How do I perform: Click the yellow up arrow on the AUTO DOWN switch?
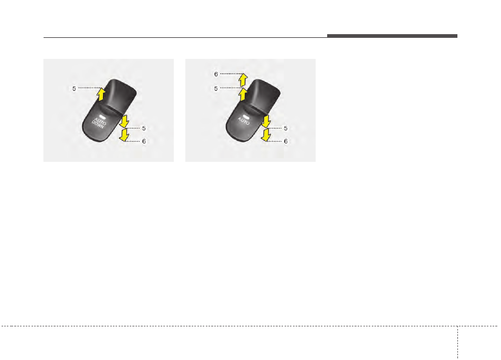pyautogui.click(x=101, y=94)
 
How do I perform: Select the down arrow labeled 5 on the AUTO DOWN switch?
pyautogui.click(x=124, y=121)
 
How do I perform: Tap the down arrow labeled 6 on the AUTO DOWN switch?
pyautogui.click(x=124, y=135)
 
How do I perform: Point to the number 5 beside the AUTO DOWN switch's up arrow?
pyautogui.click(x=74, y=89)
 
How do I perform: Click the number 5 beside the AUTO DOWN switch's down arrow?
pyautogui.click(x=144, y=128)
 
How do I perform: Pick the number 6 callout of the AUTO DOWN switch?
pyautogui.click(x=144, y=141)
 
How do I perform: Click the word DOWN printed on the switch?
pyautogui.click(x=98, y=125)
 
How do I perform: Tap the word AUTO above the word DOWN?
pyautogui.click(x=100, y=121)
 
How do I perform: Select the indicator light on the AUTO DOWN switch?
pyautogui.click(x=102, y=117)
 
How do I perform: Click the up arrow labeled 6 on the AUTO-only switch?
pyautogui.click(x=243, y=80)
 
